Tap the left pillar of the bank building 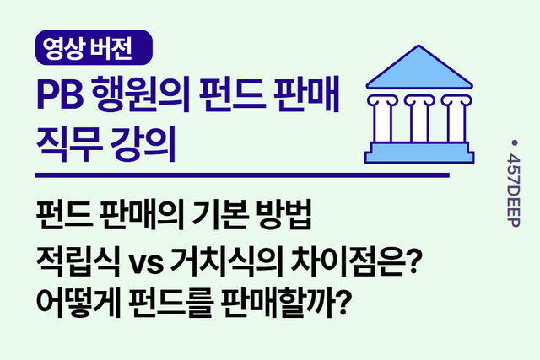click(384, 117)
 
